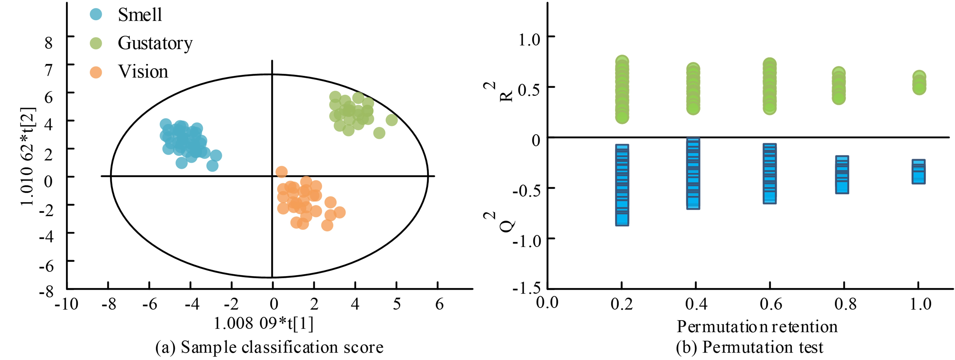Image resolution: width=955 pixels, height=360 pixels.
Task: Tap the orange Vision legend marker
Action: click(96, 72)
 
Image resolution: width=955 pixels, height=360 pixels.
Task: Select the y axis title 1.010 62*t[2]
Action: click(28, 156)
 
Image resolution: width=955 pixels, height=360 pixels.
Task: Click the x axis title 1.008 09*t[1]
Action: click(264, 323)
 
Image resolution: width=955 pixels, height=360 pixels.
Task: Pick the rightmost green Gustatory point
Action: click(392, 120)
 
